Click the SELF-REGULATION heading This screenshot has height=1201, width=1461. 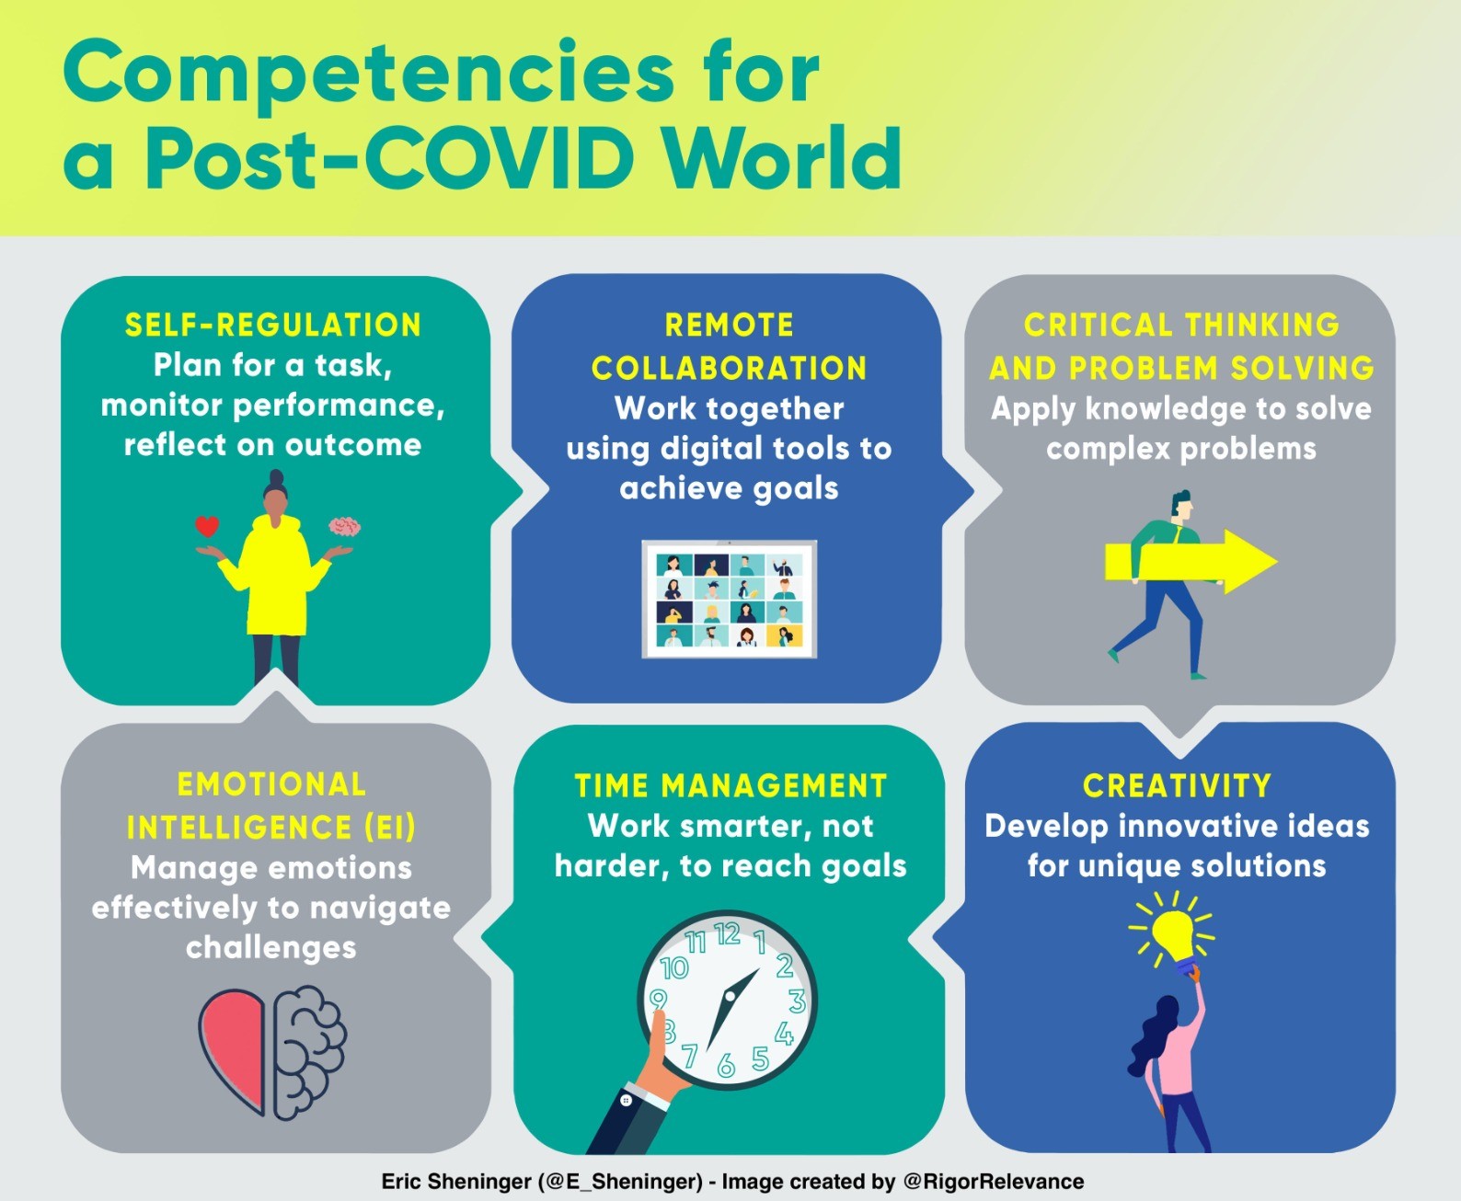pos(273,325)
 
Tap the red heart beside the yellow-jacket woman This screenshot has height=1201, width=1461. pos(206,526)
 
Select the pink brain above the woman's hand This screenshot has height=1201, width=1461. pos(344,527)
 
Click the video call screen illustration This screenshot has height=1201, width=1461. pos(730,599)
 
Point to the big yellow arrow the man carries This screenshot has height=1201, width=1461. pos(1191,561)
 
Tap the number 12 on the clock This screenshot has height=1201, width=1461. pos(728,934)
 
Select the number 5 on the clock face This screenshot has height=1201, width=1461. pos(760,1058)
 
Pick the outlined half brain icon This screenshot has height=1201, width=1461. pos(309,1053)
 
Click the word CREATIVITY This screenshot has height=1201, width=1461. pos(1177,785)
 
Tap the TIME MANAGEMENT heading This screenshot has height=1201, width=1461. pos(730,785)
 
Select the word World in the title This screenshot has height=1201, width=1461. pos(784,158)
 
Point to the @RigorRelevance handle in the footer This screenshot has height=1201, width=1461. pos(994,1181)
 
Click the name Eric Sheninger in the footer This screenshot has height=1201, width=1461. pos(456,1181)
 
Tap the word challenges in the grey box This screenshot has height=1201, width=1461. pos(270,947)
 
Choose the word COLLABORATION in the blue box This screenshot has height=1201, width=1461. pos(730,368)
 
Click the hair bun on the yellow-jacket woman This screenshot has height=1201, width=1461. pos(276,477)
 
